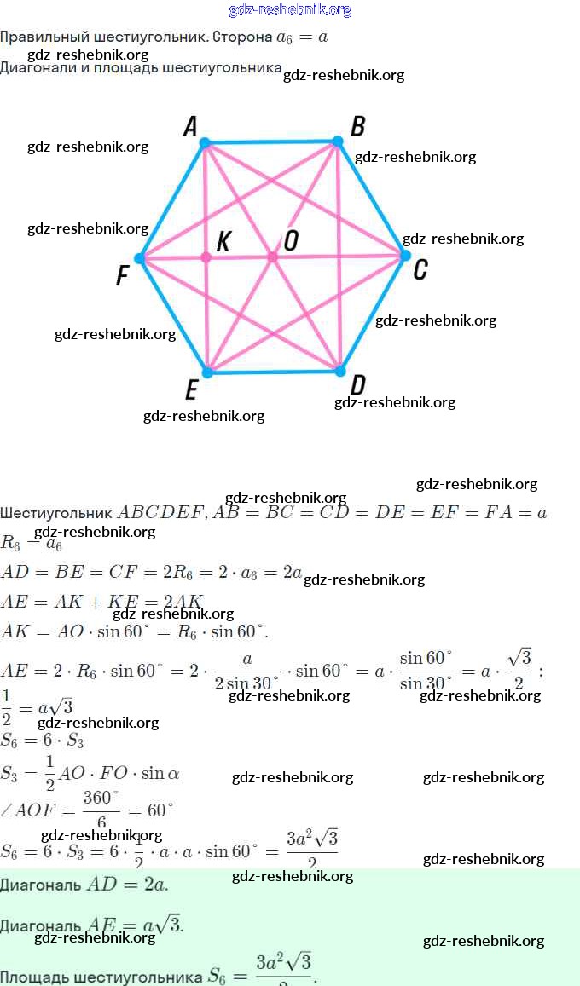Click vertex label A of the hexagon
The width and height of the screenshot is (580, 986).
point(190,127)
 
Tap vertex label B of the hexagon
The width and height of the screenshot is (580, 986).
point(358,127)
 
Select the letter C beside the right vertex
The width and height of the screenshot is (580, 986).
point(420,270)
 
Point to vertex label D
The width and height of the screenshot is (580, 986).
point(358,385)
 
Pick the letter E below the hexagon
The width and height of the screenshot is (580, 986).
point(191,390)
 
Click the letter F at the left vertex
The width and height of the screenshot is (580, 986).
point(123,276)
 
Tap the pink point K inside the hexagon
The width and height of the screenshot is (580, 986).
point(206,257)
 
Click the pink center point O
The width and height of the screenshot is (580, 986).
point(272,257)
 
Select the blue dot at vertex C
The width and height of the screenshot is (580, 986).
point(405,255)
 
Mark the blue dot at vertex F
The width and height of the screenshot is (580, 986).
point(140,258)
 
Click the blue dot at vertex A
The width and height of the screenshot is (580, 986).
point(205,142)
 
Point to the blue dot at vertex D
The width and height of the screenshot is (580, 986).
point(339,371)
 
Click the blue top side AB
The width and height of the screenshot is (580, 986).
point(271,141)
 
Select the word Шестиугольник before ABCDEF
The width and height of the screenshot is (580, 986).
point(56,513)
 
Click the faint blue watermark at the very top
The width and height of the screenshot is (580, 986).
point(290,10)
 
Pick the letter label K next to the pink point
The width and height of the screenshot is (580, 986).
point(223,241)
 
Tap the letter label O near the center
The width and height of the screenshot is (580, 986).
point(291,241)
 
